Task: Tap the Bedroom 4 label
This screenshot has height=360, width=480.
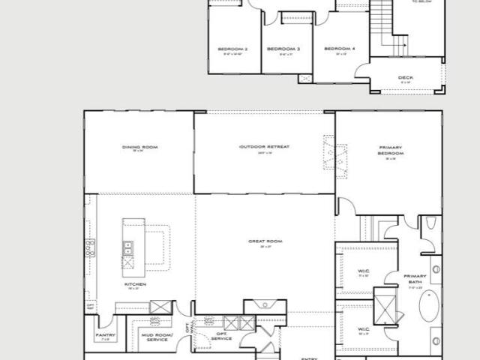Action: point(339,49)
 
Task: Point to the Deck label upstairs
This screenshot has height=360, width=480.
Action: point(406,77)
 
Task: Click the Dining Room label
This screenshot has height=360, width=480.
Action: point(139,147)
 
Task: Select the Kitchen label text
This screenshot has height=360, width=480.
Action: point(136,285)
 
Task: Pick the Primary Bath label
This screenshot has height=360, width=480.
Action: point(415,278)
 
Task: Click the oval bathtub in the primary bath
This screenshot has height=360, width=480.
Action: point(427,306)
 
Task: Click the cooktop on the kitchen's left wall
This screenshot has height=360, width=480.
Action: point(91,248)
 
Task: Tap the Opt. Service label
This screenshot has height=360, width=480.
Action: point(221,337)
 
